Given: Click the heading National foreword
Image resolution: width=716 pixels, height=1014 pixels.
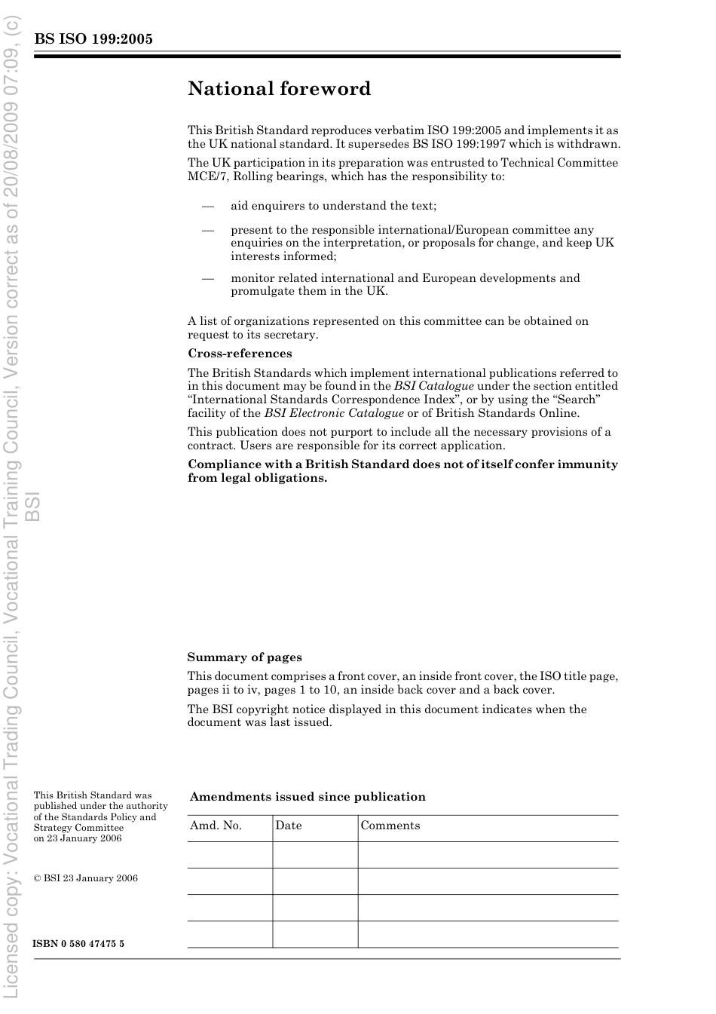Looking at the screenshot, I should click(x=279, y=89).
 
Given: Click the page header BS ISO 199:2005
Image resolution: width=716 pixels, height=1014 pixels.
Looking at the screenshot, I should click(x=93, y=39).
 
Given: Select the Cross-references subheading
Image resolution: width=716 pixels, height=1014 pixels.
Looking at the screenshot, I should click(x=240, y=354).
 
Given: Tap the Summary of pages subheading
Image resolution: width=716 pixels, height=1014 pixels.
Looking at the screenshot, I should click(x=244, y=657).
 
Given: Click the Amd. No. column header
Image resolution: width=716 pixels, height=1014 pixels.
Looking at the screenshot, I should click(x=216, y=826).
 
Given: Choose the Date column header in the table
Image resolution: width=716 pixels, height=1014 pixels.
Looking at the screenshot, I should click(x=288, y=826).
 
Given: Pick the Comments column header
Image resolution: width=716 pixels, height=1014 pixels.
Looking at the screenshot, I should click(x=390, y=826).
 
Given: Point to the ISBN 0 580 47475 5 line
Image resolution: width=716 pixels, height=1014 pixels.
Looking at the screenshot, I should click(x=78, y=944).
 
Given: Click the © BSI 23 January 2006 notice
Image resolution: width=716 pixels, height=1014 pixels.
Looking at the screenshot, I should click(x=86, y=878).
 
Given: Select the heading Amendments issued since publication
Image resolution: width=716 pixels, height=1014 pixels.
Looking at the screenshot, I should click(x=308, y=797).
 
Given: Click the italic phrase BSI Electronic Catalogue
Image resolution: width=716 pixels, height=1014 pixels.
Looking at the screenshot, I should click(x=333, y=413).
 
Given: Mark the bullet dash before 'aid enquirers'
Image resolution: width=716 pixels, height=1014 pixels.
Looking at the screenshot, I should click(x=207, y=206).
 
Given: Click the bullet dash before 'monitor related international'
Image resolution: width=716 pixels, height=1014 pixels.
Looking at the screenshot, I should click(x=207, y=278).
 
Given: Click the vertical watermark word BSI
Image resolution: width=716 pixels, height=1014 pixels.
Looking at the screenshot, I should click(x=32, y=506).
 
